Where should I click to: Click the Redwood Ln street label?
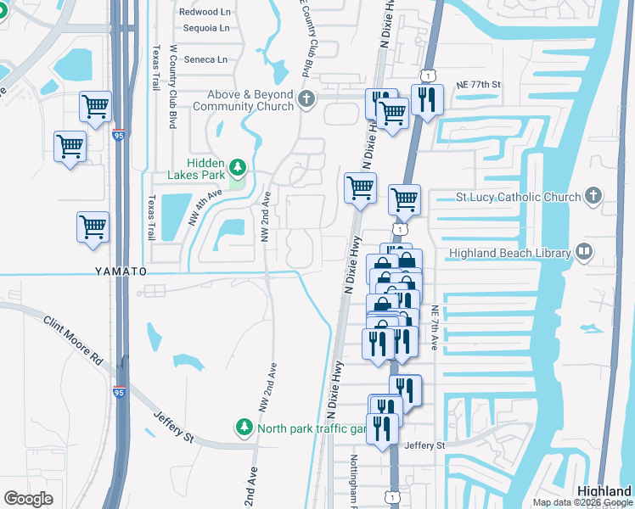click(x=205, y=12)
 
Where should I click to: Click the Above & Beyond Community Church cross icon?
click(x=306, y=101)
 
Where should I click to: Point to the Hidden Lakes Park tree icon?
click(x=239, y=166)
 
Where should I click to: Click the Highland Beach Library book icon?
click(x=583, y=251)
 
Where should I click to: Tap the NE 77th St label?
click(x=479, y=85)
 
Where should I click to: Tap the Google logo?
click(x=28, y=499)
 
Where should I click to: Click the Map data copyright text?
click(x=582, y=502)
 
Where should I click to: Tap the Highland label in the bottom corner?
click(x=604, y=491)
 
